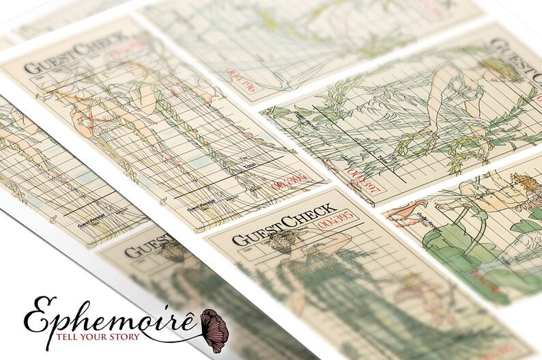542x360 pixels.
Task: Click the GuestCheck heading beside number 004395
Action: [283, 223]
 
